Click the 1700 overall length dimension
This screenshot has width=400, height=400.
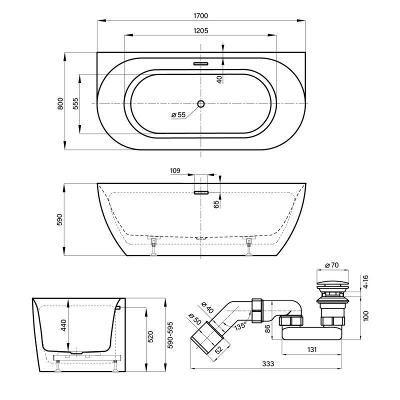coord(201,16)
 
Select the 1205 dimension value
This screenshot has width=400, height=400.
coord(201,30)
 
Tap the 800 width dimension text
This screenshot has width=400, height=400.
coord(60,103)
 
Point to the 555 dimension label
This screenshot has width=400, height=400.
coord(75,103)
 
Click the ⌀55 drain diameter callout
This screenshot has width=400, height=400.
coord(178,115)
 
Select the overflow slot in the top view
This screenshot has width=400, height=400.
coord(201,63)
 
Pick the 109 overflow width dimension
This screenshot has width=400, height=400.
coord(175,170)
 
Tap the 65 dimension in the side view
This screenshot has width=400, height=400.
coord(216,204)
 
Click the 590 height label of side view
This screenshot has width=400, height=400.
coord(59,219)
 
